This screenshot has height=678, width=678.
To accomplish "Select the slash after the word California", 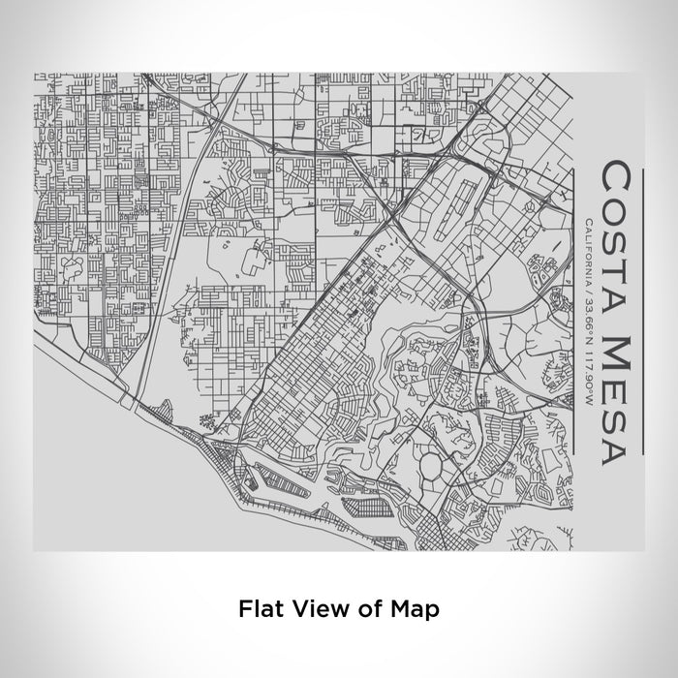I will point(590,283).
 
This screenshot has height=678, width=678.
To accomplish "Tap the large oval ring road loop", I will point(429,470).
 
